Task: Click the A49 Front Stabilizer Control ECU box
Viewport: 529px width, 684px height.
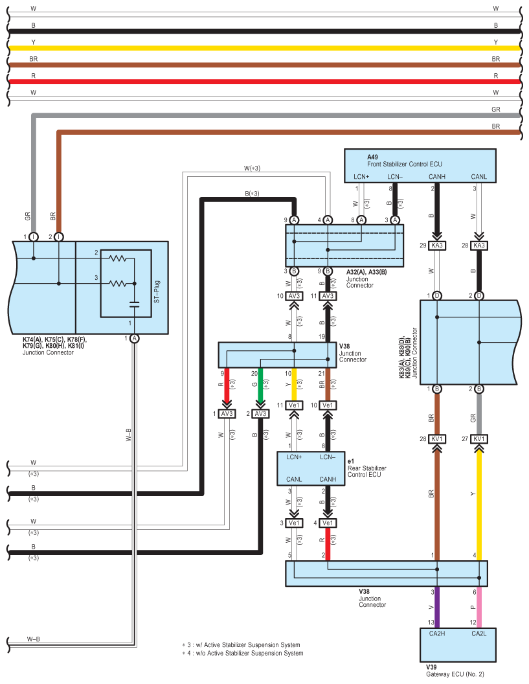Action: pyautogui.click(x=420, y=166)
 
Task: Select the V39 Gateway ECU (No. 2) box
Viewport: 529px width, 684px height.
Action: pyautogui.click(x=458, y=644)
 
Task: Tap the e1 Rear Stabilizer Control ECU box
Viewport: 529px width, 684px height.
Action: pyautogui.click(x=311, y=468)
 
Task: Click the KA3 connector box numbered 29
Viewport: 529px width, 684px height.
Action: pyautogui.click(x=437, y=245)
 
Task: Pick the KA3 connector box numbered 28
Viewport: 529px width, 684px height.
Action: pyautogui.click(x=479, y=245)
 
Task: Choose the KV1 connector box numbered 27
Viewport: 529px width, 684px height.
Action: pyautogui.click(x=479, y=439)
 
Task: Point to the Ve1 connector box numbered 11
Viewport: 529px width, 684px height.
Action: pyautogui.click(x=295, y=405)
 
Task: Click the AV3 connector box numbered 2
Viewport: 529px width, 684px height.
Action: pyautogui.click(x=260, y=413)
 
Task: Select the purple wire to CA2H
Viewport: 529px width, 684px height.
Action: pyautogui.click(x=437, y=607)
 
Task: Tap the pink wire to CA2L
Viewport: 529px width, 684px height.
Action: pyautogui.click(x=479, y=607)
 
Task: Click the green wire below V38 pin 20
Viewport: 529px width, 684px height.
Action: pyautogui.click(x=260, y=385)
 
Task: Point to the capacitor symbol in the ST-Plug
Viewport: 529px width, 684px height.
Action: pyautogui.click(x=134, y=304)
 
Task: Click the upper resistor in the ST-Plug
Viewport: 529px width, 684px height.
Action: pyautogui.click(x=118, y=258)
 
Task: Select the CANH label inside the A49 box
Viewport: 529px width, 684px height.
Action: pyautogui.click(x=437, y=177)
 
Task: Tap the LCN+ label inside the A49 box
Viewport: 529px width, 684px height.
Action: pyautogui.click(x=361, y=177)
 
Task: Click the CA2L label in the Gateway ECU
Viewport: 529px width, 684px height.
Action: pyautogui.click(x=479, y=633)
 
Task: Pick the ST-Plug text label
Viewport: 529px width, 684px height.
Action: pyautogui.click(x=157, y=292)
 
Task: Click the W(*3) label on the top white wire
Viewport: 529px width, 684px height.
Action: pyautogui.click(x=252, y=168)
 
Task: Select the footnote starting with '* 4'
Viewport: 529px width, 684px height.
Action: pyautogui.click(x=242, y=653)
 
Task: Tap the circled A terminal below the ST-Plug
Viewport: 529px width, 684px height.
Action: pyautogui.click(x=134, y=339)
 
